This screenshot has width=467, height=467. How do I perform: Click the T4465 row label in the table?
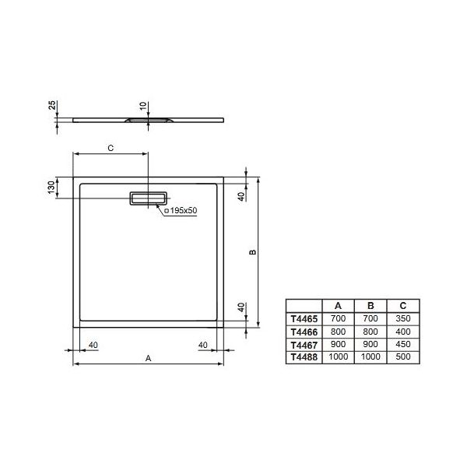tap(304, 319)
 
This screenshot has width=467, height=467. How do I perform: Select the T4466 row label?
tap(304, 332)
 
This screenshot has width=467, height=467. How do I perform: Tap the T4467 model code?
tap(304, 344)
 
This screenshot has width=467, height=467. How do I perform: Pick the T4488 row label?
tap(304, 356)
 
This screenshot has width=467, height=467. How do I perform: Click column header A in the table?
tap(338, 306)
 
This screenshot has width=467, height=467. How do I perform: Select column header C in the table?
tap(402, 306)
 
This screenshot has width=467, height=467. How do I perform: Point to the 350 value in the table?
tap(402, 319)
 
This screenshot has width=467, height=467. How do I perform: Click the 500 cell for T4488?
tap(402, 356)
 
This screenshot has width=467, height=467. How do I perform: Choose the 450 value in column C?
tap(402, 344)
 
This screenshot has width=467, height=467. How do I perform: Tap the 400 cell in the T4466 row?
tap(402, 332)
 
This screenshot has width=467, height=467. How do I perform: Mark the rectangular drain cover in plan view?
tap(148, 198)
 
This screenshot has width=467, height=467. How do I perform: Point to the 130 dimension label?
tap(51, 187)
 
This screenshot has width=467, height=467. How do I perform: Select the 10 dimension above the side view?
tap(142, 105)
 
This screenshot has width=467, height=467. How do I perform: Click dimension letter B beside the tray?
tap(252, 252)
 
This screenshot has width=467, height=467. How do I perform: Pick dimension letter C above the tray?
tap(110, 147)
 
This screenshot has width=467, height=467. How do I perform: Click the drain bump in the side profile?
tap(147, 121)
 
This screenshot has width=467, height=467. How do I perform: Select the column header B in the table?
tap(370, 306)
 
